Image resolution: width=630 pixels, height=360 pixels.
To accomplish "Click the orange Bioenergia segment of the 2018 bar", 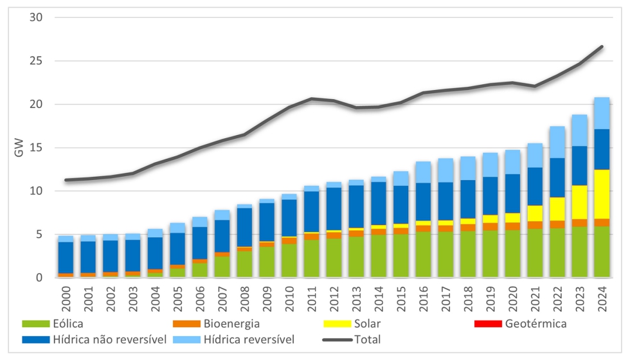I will [x=467, y=228].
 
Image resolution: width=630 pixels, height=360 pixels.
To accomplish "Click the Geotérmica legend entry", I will [x=535, y=323].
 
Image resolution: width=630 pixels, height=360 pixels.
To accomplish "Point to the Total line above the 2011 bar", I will [x=312, y=99].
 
